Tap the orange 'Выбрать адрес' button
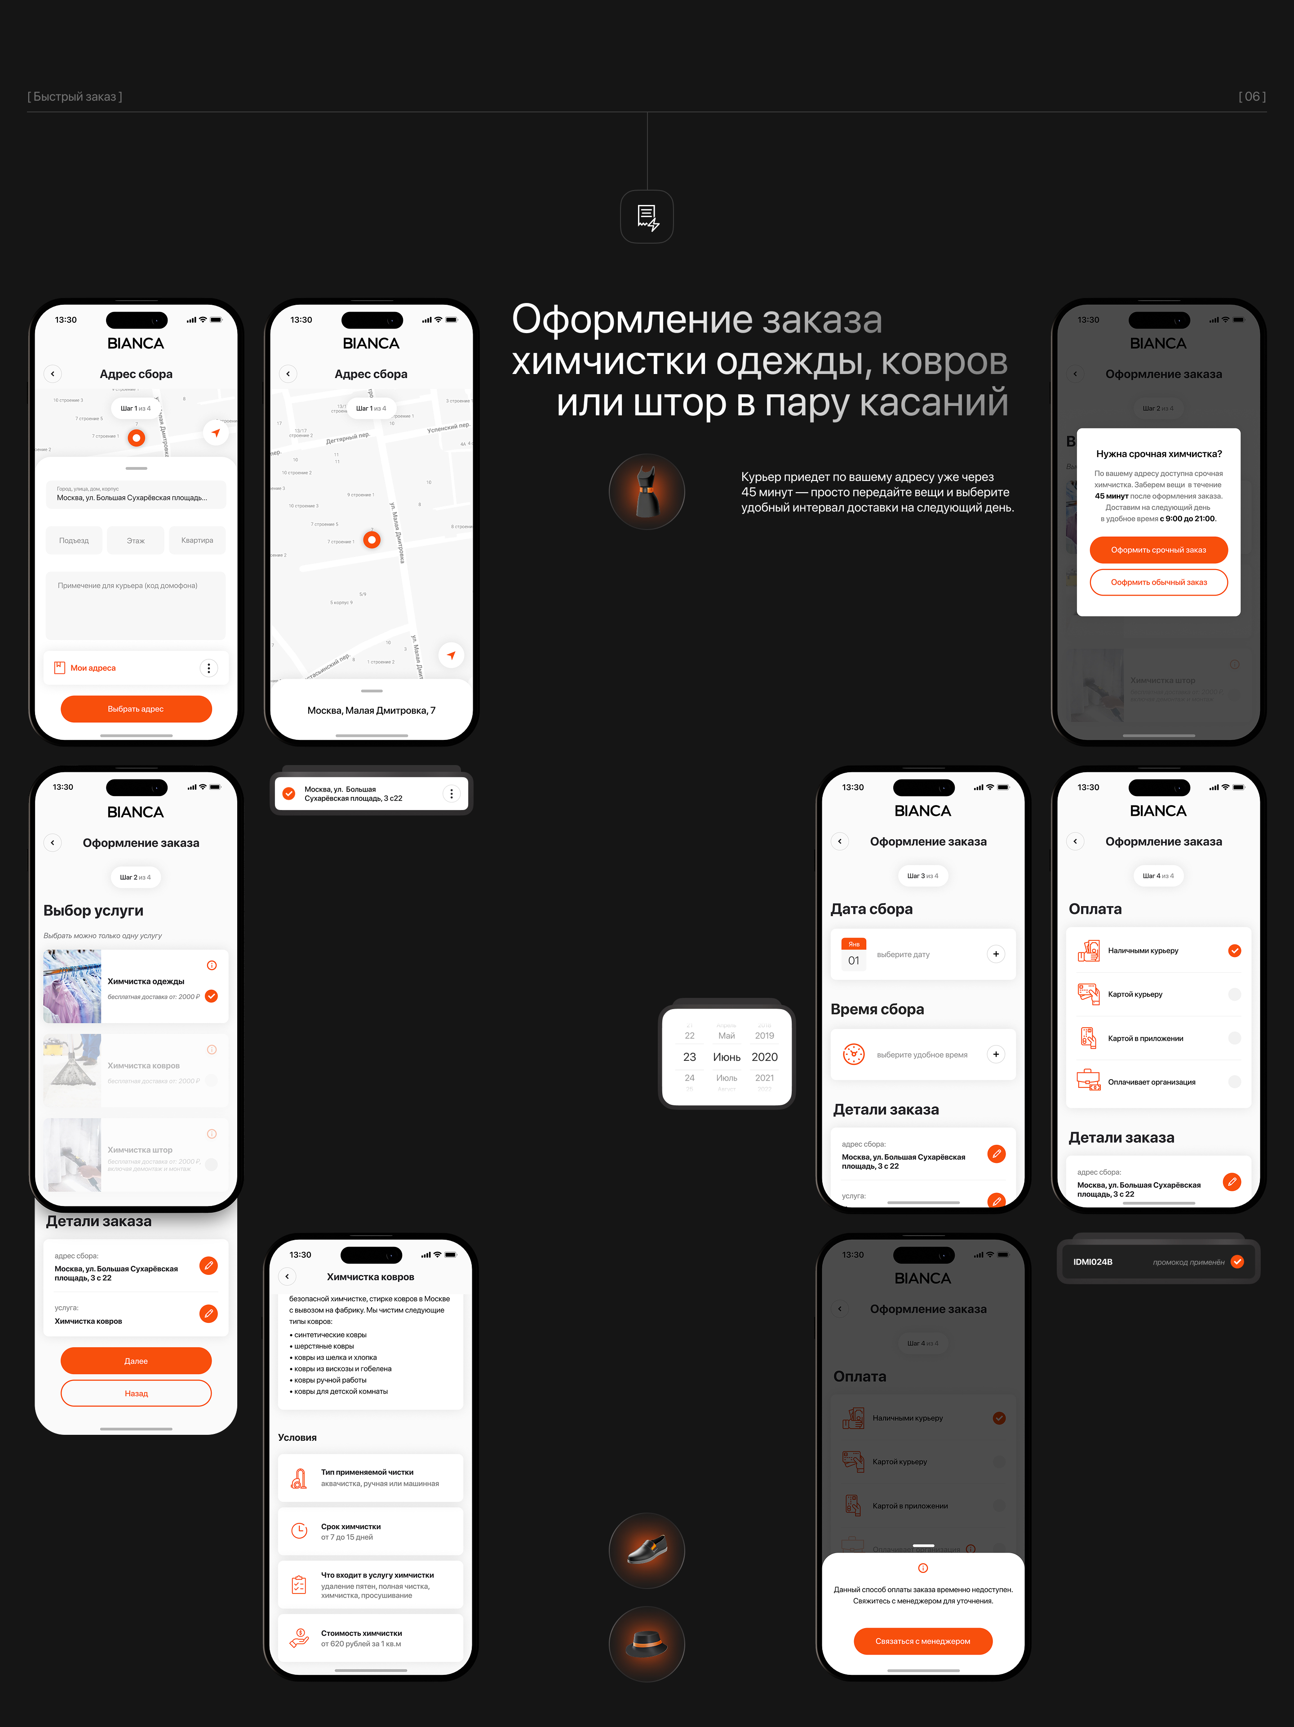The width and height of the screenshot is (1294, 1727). (x=136, y=709)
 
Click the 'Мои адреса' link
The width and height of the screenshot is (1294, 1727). (x=93, y=668)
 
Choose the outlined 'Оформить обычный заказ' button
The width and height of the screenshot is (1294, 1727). (x=1158, y=583)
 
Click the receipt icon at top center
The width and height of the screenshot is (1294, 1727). (x=647, y=217)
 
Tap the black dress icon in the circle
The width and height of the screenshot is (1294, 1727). (x=647, y=492)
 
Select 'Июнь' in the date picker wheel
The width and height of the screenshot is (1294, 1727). (x=727, y=1057)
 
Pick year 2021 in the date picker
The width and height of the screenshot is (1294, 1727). (x=764, y=1078)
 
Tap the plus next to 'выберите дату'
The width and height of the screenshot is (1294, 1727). (x=996, y=954)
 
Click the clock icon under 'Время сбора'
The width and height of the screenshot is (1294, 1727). (x=854, y=1055)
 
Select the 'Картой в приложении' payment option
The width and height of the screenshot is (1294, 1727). (x=1145, y=1038)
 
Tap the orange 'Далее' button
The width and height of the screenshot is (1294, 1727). (x=136, y=1361)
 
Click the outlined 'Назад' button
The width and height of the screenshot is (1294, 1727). (x=136, y=1393)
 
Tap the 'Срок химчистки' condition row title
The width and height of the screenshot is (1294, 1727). (x=350, y=1527)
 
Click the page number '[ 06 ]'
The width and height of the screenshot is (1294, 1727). (x=1252, y=97)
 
